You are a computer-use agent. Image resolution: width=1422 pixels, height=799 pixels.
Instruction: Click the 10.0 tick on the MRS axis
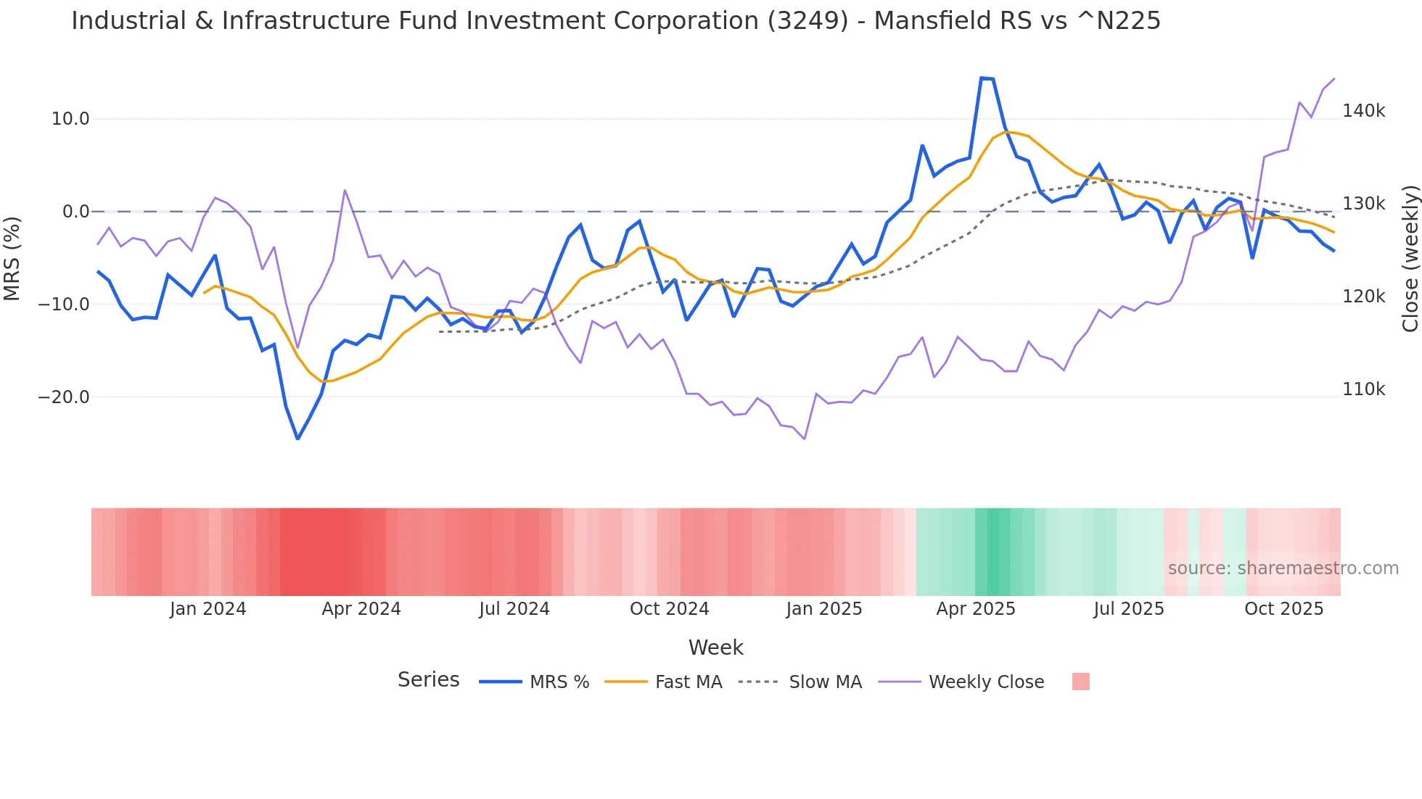point(70,119)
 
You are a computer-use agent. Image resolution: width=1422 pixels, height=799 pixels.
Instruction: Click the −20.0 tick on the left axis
point(64,397)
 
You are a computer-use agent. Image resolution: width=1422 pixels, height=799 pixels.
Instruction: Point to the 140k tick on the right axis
point(1363,111)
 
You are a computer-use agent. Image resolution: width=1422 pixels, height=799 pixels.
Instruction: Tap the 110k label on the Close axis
point(1363,389)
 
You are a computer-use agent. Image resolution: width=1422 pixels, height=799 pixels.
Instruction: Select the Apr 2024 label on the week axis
point(361,609)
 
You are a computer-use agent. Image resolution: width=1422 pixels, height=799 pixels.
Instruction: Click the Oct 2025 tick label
point(1283,609)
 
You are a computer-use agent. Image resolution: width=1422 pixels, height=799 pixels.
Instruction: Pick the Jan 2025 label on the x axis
point(823,609)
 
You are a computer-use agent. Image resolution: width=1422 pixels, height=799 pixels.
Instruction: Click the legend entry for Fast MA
point(688,682)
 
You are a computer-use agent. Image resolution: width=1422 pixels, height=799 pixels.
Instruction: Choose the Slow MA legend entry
point(825,682)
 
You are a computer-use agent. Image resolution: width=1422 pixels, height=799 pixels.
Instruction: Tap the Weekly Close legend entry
point(986,682)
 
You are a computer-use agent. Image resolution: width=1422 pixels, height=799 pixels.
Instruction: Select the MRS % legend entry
point(559,682)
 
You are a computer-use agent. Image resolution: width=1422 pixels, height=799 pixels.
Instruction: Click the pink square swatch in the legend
point(1080,682)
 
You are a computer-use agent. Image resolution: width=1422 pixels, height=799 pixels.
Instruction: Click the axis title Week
point(715,647)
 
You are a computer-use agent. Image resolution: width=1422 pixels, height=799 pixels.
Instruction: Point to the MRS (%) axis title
point(12,258)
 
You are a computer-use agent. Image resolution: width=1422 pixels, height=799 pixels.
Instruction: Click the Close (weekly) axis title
point(1410,258)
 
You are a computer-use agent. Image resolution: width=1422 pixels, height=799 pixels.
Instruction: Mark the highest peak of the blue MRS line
point(982,78)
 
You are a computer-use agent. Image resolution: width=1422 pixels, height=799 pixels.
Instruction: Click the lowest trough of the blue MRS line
point(297,438)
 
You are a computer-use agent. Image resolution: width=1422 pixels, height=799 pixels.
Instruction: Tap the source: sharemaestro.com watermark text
point(1283,568)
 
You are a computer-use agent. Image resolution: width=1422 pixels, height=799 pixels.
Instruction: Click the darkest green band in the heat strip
point(999,552)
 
